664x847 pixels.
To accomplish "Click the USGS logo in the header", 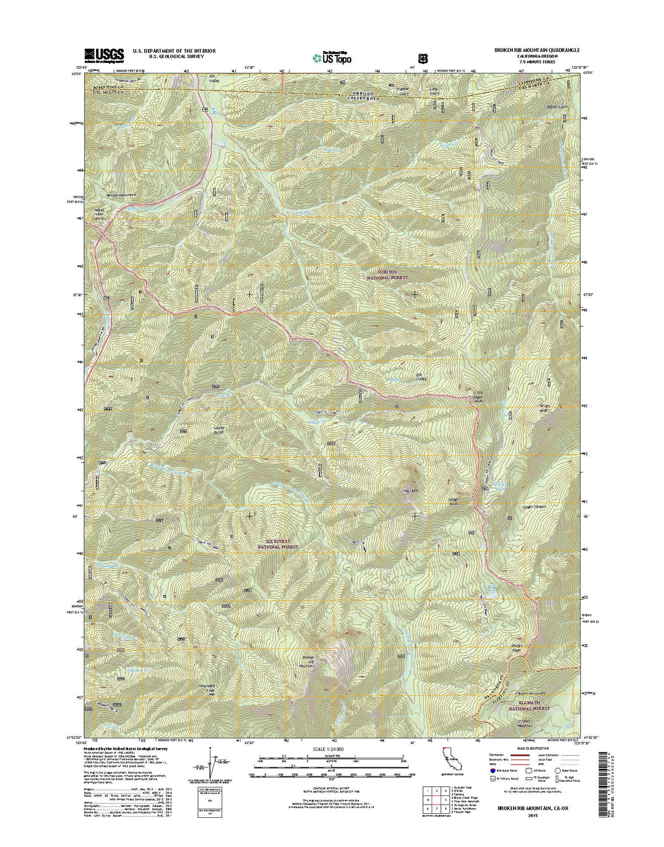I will tap(104, 55).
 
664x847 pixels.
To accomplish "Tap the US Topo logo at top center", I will tap(332, 57).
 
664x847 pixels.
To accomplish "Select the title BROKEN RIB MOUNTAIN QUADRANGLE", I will tap(522, 50).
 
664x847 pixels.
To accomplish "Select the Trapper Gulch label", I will tap(389, 90).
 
